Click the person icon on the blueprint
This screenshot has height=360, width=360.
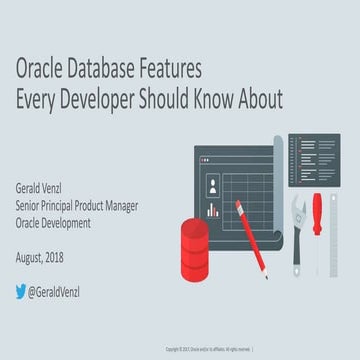pyautogui.click(x=213, y=186)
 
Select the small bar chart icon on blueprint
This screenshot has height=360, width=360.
pyautogui.click(x=212, y=210)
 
